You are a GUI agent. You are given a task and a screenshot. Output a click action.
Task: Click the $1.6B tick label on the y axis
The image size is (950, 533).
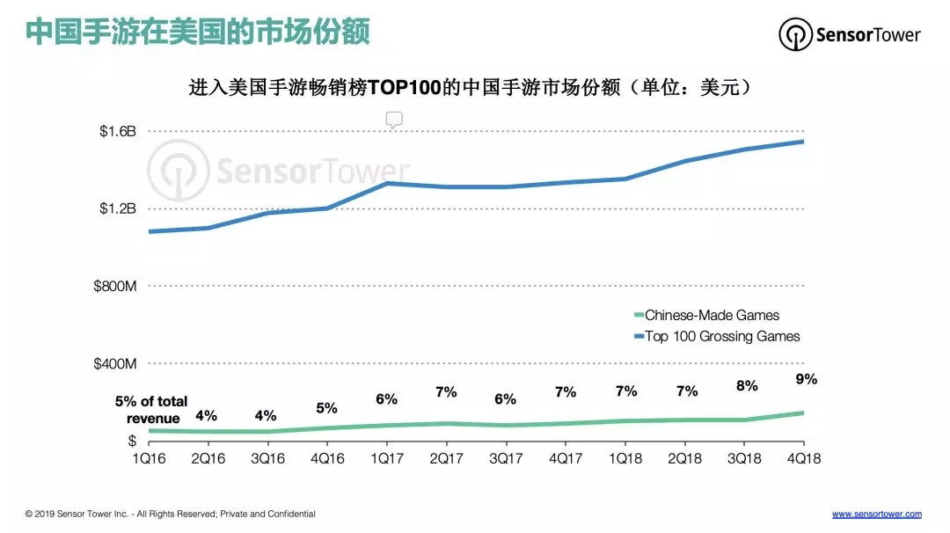click(x=118, y=131)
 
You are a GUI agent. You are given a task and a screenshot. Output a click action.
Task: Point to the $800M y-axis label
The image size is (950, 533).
click(x=114, y=287)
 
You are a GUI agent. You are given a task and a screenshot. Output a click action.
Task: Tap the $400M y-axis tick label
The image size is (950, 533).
click(x=114, y=363)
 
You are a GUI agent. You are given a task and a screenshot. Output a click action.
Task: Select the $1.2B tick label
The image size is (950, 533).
click(x=118, y=208)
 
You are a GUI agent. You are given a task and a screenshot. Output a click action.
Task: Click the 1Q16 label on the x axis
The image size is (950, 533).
click(x=148, y=458)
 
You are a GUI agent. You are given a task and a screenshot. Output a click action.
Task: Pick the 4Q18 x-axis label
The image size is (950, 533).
click(x=802, y=458)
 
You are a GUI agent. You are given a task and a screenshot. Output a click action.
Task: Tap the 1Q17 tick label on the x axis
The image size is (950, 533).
click(x=386, y=458)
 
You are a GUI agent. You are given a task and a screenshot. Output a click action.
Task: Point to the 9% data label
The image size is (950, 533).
click(x=806, y=379)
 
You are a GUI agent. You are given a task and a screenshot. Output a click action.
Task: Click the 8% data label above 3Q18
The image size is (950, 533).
click(x=746, y=385)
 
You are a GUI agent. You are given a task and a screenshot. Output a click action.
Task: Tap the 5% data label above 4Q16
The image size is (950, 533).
click(x=326, y=408)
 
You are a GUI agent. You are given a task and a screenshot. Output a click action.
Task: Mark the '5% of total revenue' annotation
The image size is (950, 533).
click(x=151, y=410)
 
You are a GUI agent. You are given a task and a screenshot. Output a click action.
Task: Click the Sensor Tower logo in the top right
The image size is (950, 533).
click(x=850, y=35)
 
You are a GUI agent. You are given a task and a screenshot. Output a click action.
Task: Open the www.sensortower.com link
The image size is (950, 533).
click(x=876, y=514)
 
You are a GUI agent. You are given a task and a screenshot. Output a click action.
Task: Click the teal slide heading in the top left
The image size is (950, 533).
click(x=197, y=33)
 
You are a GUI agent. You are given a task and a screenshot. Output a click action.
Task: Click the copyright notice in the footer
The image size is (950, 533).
click(x=170, y=514)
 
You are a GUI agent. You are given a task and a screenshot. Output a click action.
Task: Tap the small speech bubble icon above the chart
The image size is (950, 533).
click(x=394, y=120)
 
